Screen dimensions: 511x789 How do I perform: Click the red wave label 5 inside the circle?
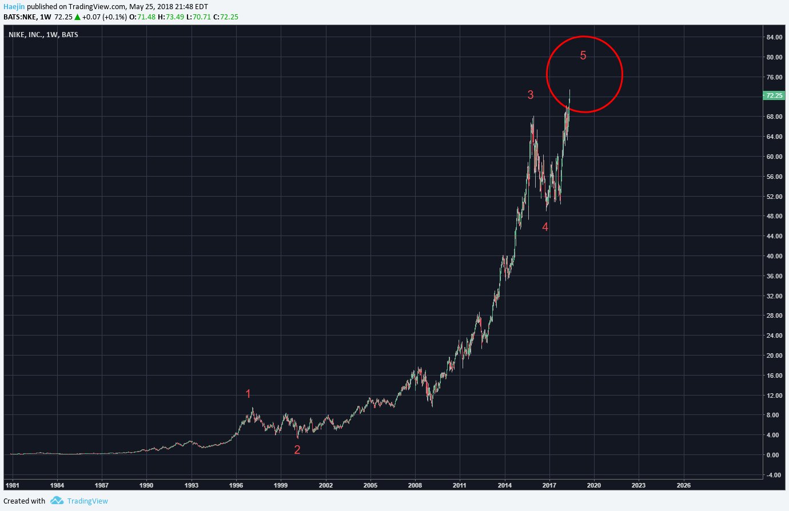click(583, 55)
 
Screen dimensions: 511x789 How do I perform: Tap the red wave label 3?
click(531, 95)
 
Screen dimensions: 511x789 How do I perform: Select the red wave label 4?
click(545, 227)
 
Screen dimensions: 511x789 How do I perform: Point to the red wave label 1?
click(248, 394)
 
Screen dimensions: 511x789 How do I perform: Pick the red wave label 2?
click(297, 450)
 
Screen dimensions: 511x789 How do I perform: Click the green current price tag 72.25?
click(774, 95)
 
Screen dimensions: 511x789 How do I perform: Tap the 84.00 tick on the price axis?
click(774, 37)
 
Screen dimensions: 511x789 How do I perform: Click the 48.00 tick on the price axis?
click(774, 216)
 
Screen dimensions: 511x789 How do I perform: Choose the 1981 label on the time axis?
click(12, 485)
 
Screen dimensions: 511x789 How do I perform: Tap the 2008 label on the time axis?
click(415, 485)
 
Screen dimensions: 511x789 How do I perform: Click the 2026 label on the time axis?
click(683, 485)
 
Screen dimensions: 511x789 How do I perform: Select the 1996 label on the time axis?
click(236, 485)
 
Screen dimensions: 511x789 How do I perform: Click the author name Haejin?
click(14, 7)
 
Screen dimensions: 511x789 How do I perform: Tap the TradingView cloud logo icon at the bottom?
click(57, 501)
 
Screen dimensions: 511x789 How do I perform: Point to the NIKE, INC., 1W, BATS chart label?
click(43, 35)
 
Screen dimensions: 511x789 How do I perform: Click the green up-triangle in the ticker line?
click(77, 17)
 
